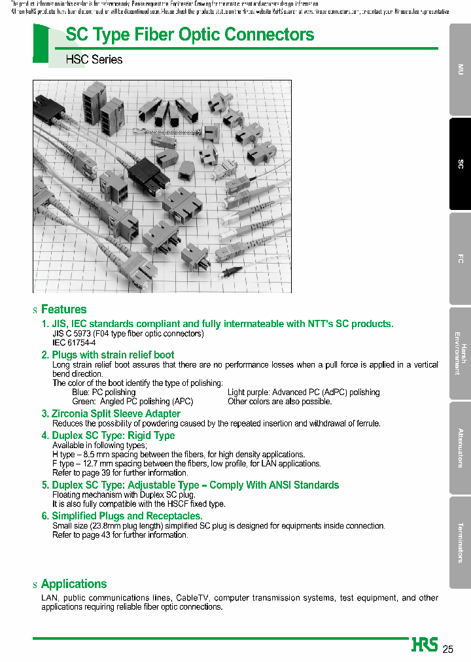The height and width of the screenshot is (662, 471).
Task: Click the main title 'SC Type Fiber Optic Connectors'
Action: click(190, 35)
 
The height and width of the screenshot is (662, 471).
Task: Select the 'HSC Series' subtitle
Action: click(94, 60)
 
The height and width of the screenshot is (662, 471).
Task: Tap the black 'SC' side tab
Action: click(461, 164)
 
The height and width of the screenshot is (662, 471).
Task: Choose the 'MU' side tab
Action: click(461, 69)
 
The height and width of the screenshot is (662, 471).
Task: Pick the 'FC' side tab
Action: click(461, 259)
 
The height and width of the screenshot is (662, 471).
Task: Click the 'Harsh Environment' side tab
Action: click(461, 354)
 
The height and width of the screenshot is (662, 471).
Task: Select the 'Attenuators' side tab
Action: click(461, 448)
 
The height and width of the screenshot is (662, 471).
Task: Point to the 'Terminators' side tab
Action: click(461, 542)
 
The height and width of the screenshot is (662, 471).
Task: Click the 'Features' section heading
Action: click(63, 309)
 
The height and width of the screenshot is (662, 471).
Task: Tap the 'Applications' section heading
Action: click(73, 584)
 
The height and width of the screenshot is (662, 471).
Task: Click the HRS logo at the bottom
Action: click(425, 645)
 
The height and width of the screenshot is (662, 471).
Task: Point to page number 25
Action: click(448, 649)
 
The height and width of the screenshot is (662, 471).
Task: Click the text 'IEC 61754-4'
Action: click(74, 343)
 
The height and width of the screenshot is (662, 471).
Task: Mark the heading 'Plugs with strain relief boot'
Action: click(113, 355)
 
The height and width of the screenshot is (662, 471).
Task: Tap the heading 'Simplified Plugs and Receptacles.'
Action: click(127, 517)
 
